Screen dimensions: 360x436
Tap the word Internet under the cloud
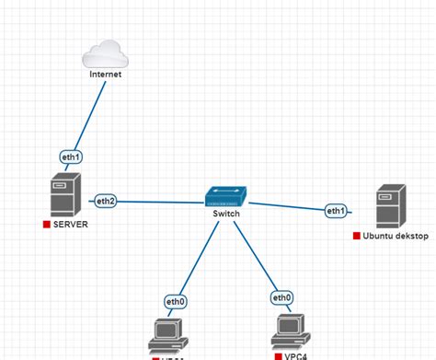coord(106,75)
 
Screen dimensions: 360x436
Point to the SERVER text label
coord(71,224)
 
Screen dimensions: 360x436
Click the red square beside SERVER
coord(46,224)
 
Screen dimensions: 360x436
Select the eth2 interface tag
coord(104,200)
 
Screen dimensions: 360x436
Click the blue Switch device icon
coord(225,196)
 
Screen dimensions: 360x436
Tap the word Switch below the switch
coord(225,214)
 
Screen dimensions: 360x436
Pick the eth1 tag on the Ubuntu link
coord(336,211)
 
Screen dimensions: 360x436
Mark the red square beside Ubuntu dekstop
coord(356,236)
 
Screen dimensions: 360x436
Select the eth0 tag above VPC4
coord(281,297)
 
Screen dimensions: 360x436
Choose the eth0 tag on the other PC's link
coord(176,301)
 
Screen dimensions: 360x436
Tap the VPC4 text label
coord(297,354)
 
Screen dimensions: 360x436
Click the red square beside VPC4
coord(277,354)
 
